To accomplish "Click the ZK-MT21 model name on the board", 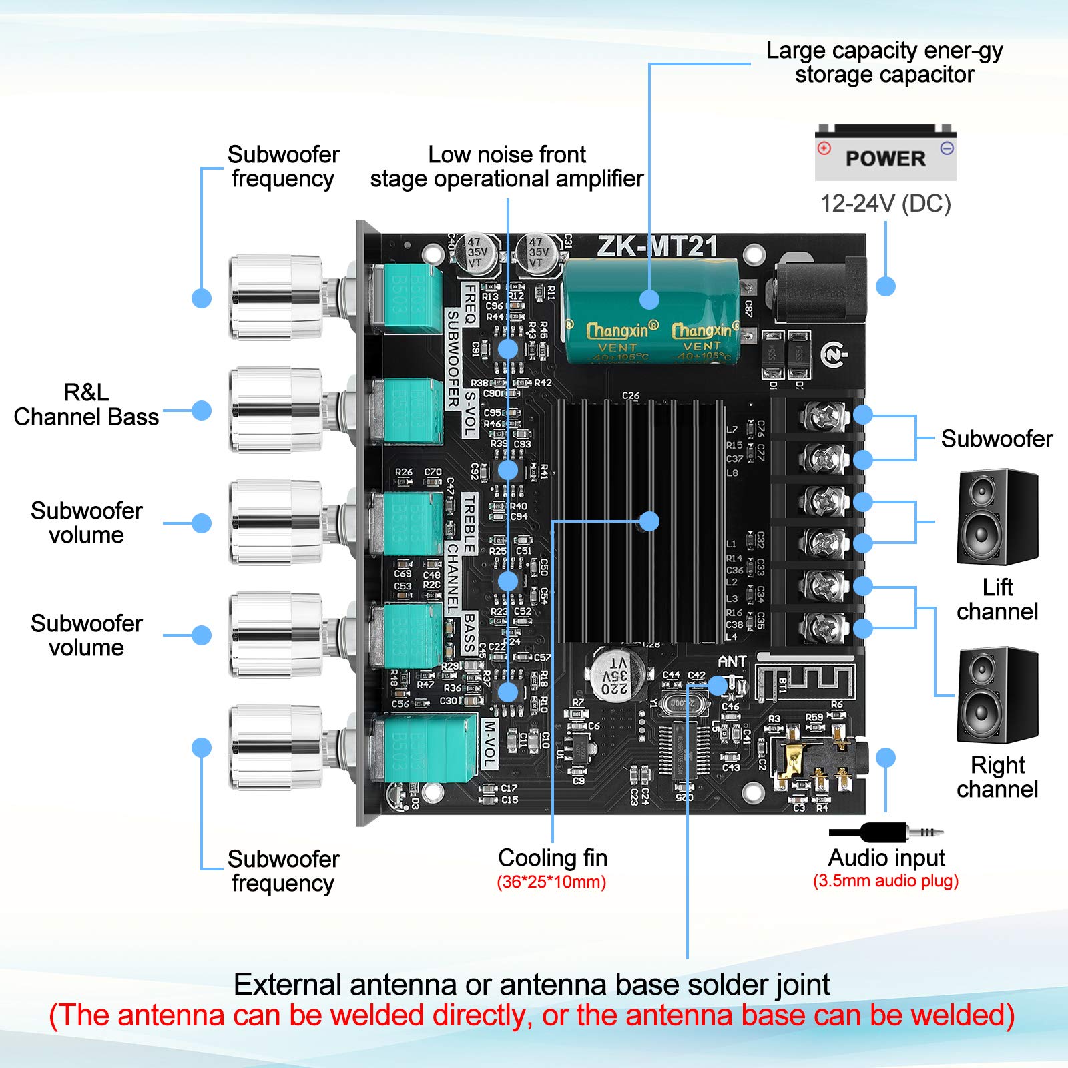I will tap(657, 246).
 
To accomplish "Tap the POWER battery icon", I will tap(885, 153).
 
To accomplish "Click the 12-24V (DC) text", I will tap(885, 204).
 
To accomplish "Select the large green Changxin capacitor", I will tap(651, 312).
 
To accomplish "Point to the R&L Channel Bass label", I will tap(86, 405).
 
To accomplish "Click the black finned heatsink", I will tap(641, 521).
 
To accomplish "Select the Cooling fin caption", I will tap(553, 858).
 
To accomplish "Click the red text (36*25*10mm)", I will tap(551, 882).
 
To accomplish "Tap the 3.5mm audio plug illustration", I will tap(886, 832).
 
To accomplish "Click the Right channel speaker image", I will tap(997, 695).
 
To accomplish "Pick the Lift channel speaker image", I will tap(997, 517).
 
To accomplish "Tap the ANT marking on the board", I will tap(732, 661).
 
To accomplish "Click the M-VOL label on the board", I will tap(489, 743).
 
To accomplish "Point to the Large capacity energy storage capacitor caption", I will tap(884, 62).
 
